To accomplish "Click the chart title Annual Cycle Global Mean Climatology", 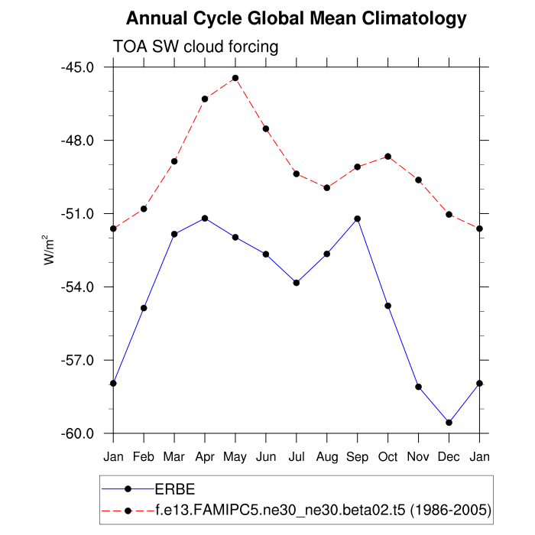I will (296, 18).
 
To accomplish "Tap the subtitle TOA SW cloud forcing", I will (196, 47).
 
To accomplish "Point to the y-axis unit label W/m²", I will (49, 251).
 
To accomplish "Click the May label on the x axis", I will (235, 456).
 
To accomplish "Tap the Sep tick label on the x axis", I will (357, 456).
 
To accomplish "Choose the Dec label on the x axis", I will (449, 456).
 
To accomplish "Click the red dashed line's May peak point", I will (235, 78).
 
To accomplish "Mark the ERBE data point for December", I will (449, 423).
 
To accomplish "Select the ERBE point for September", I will (357, 219).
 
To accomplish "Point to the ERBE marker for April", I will (205, 219).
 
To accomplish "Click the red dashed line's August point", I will (326, 187).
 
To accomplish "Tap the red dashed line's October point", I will (387, 157).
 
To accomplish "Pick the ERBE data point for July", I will (296, 283).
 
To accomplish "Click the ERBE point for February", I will (144, 308).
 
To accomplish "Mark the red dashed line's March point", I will (174, 161).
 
